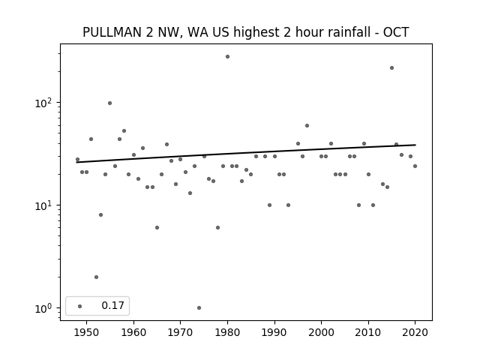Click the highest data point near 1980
tap(227, 57)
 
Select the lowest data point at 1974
tap(199, 308)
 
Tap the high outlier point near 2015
tap(391, 68)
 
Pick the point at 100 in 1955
tap(110, 103)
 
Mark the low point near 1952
tap(96, 277)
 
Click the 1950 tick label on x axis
tap(87, 332)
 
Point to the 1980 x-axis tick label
tap(227, 332)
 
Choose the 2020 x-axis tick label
tap(415, 332)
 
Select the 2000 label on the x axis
tap(322, 332)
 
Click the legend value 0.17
tap(112, 305)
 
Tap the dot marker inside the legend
tap(80, 306)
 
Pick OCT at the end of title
tap(396, 32)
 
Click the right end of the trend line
tap(415, 145)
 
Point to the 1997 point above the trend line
tap(307, 125)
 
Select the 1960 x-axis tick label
tap(133, 332)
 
